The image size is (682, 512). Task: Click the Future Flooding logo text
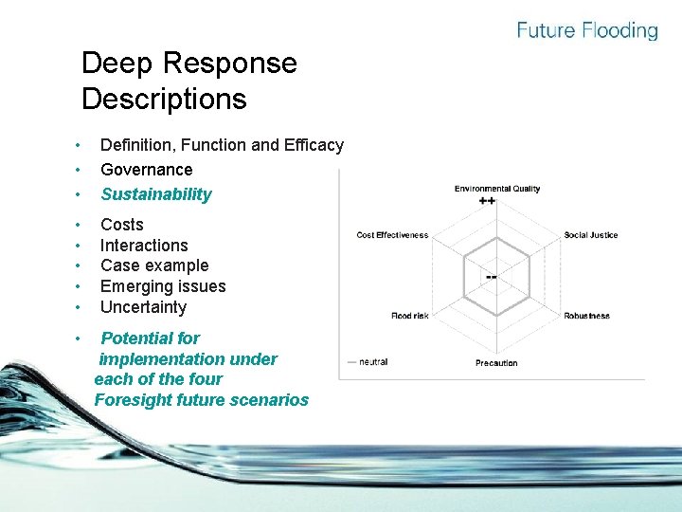pos(586,30)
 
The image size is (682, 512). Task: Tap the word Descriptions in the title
pos(164,99)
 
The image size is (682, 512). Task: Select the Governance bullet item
pos(146,170)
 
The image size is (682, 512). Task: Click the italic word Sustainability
pos(156,194)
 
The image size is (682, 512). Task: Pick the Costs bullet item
pos(122,225)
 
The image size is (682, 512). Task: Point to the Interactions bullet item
pos(144,246)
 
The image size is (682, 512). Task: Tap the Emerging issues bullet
pos(163,286)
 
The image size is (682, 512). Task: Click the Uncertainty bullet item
pos(143,307)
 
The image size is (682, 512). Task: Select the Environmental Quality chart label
pos(496,189)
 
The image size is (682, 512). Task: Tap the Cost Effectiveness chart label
pos(392,235)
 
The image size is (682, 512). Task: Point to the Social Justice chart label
pos(591,235)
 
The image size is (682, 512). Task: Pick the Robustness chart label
pos(587,316)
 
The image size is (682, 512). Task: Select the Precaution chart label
pos(496,363)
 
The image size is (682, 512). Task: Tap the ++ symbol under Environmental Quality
pos(488,201)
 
